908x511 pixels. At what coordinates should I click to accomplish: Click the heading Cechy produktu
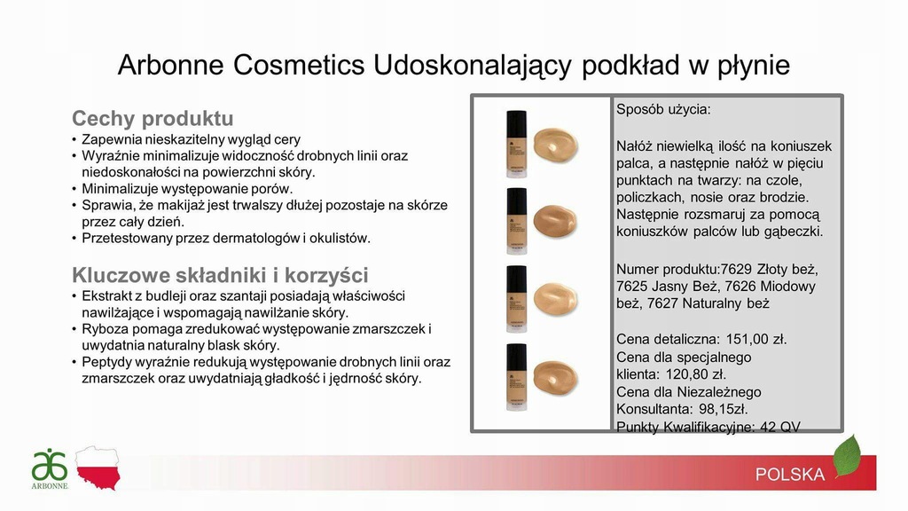click(153, 118)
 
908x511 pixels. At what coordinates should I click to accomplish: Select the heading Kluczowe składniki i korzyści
click(220, 275)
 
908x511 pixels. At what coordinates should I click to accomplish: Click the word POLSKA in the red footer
click(790, 475)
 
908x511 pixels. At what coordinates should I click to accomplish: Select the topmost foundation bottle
click(517, 144)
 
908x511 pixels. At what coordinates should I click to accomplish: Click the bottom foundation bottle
click(517, 377)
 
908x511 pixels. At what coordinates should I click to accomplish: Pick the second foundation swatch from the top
click(556, 221)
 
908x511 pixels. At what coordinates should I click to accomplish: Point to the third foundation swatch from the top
click(556, 299)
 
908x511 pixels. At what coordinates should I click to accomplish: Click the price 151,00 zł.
click(756, 339)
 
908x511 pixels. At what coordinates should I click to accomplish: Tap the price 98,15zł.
click(724, 409)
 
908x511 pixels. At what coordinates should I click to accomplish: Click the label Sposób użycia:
click(663, 109)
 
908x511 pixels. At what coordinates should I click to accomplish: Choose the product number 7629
click(735, 270)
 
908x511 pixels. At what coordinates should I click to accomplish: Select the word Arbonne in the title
click(171, 65)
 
